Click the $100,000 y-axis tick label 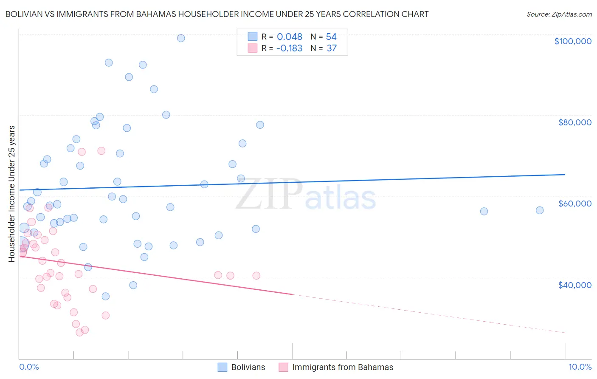(573, 41)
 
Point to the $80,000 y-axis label (574, 122)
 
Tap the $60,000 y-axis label (574, 204)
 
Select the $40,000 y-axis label (574, 285)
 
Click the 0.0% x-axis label (29, 367)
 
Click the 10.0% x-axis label (580, 367)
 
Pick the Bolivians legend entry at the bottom (248, 367)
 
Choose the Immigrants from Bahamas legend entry (343, 367)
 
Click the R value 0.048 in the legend (290, 37)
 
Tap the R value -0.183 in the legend (289, 48)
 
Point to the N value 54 (331, 37)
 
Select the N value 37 (332, 48)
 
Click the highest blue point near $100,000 (181, 38)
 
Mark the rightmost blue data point (540, 210)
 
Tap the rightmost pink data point (256, 275)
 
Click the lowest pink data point (79, 332)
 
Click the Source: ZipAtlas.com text (559, 14)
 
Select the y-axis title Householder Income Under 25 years (12, 193)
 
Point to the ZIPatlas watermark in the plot (306, 195)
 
